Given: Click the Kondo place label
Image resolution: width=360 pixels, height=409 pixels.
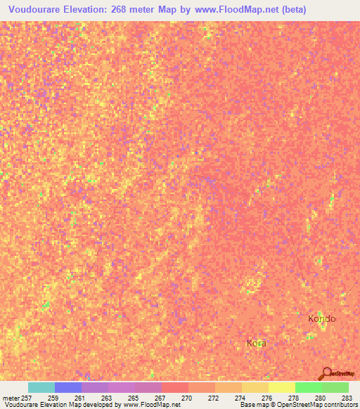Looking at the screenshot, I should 322,318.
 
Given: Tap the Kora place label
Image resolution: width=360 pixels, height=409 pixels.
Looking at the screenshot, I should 256,343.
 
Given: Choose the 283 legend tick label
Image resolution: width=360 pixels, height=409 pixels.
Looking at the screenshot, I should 347,398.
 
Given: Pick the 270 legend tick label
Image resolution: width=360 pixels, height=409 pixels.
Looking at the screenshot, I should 186,398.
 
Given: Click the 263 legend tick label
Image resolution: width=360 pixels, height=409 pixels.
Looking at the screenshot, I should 105,398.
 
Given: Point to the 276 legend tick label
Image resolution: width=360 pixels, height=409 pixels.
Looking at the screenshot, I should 266,398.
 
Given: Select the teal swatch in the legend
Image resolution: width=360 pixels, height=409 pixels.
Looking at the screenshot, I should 41,387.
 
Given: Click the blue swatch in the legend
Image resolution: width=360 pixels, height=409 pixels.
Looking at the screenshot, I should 68,387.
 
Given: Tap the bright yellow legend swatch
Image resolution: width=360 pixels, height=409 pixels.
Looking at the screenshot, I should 281,387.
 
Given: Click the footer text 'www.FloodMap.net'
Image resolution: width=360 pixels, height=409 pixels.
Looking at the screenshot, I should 151,405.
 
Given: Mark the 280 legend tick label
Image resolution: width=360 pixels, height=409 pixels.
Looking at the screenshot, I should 320,398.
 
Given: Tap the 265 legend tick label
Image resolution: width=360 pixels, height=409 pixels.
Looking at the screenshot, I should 132,398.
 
